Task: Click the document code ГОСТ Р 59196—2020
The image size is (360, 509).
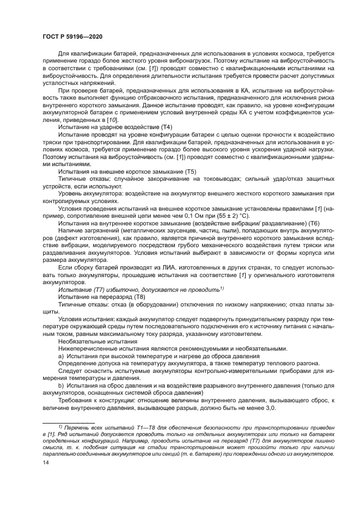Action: (x=72, y=35)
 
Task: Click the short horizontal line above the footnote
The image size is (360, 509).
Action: (x=69, y=422)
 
